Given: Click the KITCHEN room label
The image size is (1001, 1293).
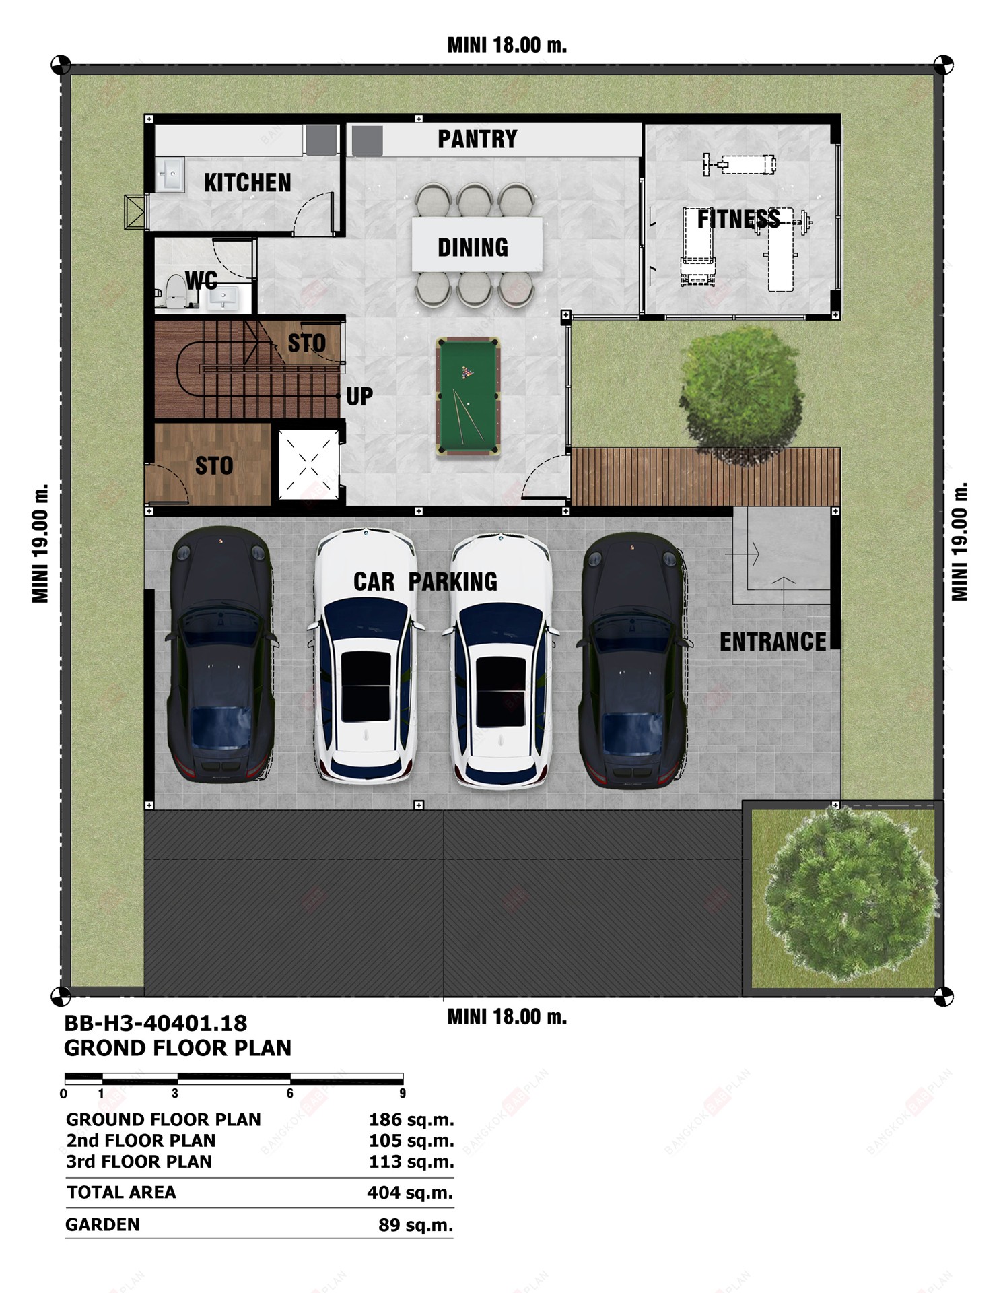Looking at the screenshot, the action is pyautogui.click(x=248, y=183).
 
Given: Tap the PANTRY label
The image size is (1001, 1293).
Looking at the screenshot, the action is pyautogui.click(x=477, y=139).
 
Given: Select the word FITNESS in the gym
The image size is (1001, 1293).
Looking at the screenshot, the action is pyautogui.click(x=738, y=219).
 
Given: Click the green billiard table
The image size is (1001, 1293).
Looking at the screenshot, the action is pyautogui.click(x=467, y=397).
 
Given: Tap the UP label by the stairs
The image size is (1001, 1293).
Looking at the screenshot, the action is pyautogui.click(x=359, y=397).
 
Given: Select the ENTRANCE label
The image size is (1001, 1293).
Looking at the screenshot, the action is pyautogui.click(x=773, y=642).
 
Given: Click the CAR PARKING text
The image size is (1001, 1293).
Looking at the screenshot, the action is pyautogui.click(x=425, y=581).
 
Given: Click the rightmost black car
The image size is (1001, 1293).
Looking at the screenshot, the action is pyautogui.click(x=633, y=660).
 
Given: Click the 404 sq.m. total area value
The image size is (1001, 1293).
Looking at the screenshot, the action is pyautogui.click(x=410, y=1193).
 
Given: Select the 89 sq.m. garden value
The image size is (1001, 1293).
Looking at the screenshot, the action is pyautogui.click(x=415, y=1225).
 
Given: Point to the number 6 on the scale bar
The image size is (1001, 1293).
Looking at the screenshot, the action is pyautogui.click(x=290, y=1094).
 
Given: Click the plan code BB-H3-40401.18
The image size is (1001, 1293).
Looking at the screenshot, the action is pyautogui.click(x=156, y=1024).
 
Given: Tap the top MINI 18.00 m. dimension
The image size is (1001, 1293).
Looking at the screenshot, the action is pyautogui.click(x=507, y=45).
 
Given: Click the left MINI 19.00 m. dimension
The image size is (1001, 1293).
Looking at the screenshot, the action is pyautogui.click(x=40, y=543).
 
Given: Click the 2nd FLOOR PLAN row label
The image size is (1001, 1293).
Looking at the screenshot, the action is pyautogui.click(x=141, y=1141).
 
